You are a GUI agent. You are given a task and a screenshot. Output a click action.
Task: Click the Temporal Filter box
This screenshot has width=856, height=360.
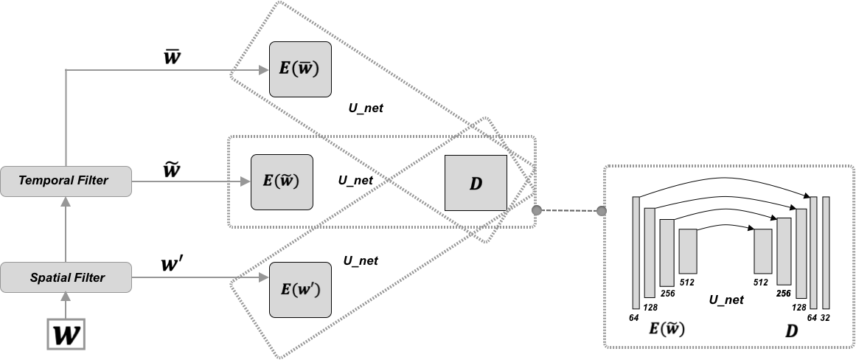click(66, 181)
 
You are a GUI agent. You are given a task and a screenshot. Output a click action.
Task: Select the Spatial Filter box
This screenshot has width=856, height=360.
click(66, 278)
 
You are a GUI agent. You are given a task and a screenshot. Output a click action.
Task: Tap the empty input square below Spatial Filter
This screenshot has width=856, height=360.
click(66, 333)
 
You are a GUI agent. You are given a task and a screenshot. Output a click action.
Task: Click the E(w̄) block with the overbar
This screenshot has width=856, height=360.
click(300, 69)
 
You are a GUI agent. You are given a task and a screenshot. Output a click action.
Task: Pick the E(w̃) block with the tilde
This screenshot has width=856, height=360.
click(282, 181)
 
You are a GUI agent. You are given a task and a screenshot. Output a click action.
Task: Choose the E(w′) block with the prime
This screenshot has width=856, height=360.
click(300, 289)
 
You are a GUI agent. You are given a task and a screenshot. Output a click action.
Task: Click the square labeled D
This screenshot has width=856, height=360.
click(476, 182)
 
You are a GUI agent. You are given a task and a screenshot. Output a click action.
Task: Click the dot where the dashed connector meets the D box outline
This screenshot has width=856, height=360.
click(537, 211)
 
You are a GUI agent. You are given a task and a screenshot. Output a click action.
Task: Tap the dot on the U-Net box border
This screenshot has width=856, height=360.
click(602, 211)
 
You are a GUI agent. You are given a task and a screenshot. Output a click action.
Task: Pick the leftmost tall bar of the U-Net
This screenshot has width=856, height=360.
click(636, 252)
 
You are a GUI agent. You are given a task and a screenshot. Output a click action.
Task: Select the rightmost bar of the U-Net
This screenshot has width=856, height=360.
click(826, 252)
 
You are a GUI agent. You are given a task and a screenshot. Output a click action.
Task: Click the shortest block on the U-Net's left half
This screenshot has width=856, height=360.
click(687, 251)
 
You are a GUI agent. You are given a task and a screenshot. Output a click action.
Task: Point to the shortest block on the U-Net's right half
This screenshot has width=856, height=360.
click(763, 251)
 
